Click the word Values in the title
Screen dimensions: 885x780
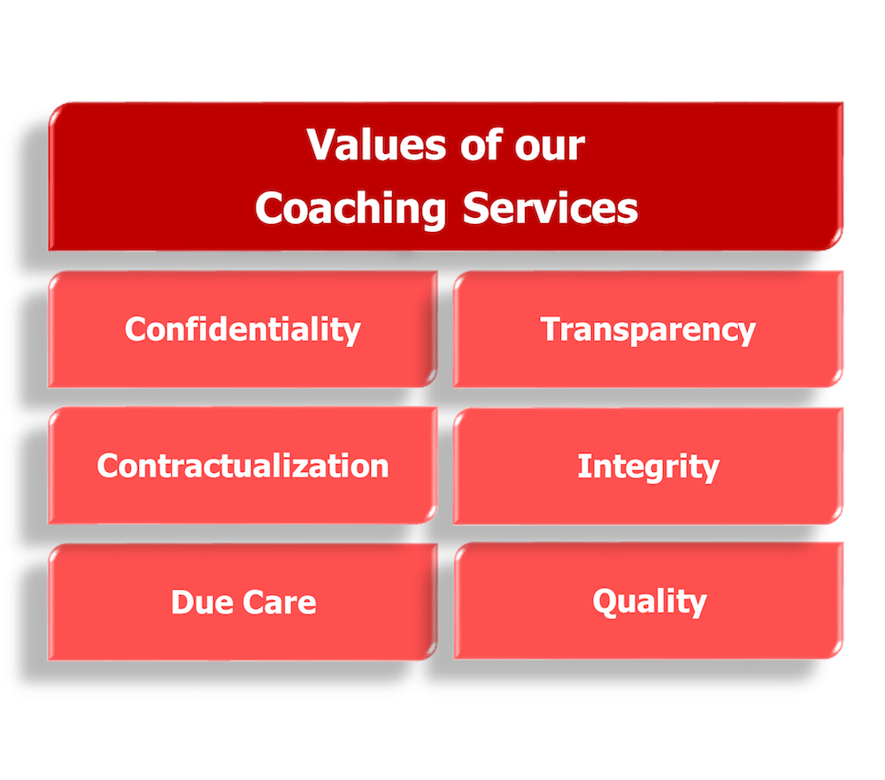pyautogui.click(x=376, y=144)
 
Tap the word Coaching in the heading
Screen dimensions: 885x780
pyautogui.click(x=350, y=209)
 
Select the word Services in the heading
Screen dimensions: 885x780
pyautogui.click(x=550, y=208)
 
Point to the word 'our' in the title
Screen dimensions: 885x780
pyautogui.click(x=550, y=148)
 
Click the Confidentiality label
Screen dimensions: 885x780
pyautogui.click(x=242, y=329)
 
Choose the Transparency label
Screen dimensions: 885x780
pyautogui.click(x=648, y=330)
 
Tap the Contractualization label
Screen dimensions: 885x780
pyautogui.click(x=242, y=466)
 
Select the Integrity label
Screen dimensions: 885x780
pyautogui.click(x=649, y=467)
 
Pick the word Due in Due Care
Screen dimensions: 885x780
pyautogui.click(x=202, y=602)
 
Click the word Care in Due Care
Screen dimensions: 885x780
pyautogui.click(x=280, y=602)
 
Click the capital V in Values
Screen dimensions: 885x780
pyautogui.click(x=324, y=144)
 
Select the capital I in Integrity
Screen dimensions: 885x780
pyautogui.click(x=582, y=466)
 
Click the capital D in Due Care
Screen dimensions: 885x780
pyautogui.click(x=183, y=602)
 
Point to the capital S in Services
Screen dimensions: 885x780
pyautogui.click(x=475, y=208)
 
